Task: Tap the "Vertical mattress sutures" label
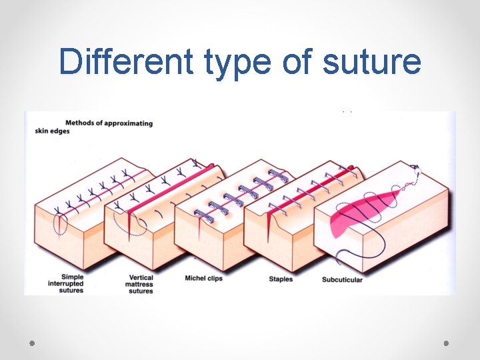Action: pyautogui.click(x=141, y=284)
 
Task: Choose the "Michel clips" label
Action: pyautogui.click(x=203, y=279)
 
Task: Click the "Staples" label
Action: pyautogui.click(x=281, y=279)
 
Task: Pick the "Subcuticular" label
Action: pyautogui.click(x=342, y=279)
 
